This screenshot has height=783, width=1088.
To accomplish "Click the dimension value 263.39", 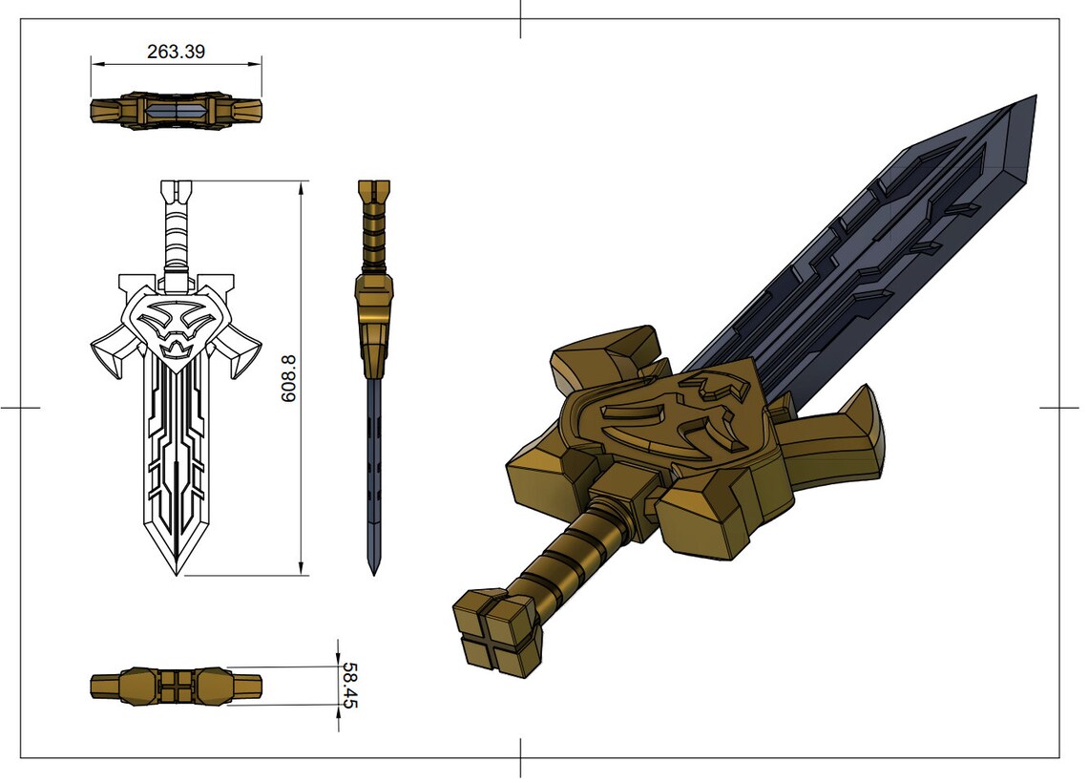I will tap(177, 52).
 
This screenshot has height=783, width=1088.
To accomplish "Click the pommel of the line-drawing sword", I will tap(178, 191).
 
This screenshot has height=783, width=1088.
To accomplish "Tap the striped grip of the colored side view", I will tap(373, 239).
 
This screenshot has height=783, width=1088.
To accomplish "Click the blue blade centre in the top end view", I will tap(177, 111).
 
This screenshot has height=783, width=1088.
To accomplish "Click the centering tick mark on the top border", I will tap(520, 19).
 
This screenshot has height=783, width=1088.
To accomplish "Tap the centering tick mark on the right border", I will tap(1059, 408).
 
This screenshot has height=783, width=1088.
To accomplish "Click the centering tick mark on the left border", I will tap(20, 408).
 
